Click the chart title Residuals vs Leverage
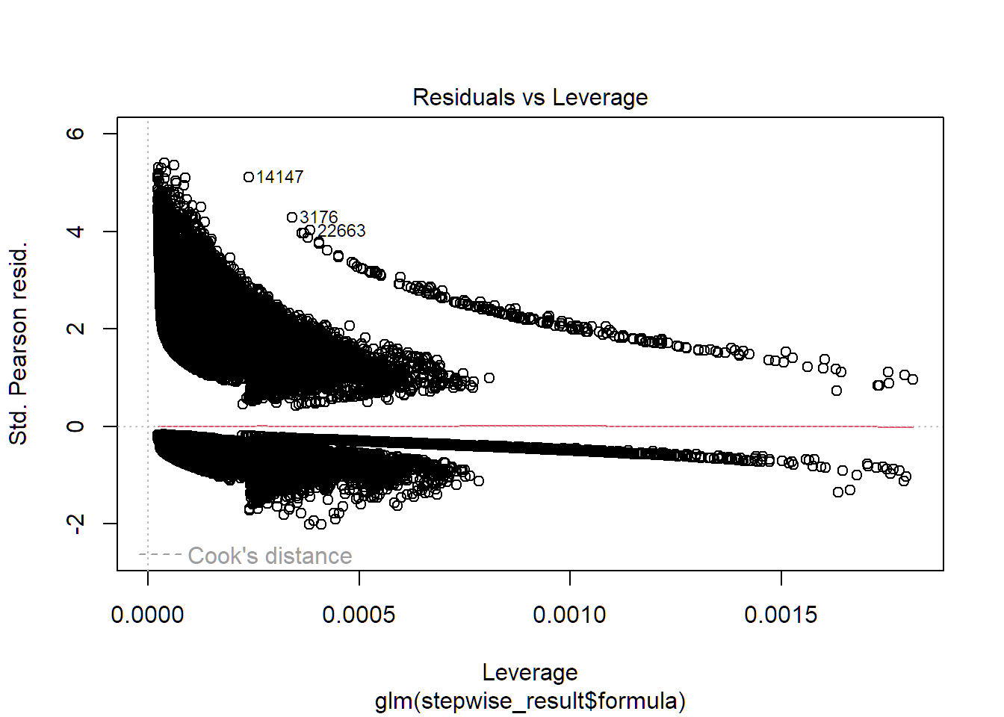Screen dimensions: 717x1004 point(530,97)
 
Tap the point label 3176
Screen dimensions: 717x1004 point(319,217)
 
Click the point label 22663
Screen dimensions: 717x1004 point(341,231)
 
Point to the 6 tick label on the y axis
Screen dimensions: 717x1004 point(75,134)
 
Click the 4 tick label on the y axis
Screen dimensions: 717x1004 point(75,232)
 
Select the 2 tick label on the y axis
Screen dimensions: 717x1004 point(75,329)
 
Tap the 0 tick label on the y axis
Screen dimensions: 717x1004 point(75,426)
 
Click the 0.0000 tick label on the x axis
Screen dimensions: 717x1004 point(147,615)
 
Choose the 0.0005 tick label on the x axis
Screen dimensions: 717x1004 point(359,615)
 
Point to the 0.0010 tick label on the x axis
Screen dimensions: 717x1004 point(569,615)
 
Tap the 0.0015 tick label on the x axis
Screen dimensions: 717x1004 point(781,615)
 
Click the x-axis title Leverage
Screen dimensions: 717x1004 point(530,672)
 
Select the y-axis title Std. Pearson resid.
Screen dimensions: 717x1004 point(18,343)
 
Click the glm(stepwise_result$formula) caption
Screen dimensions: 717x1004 point(530,701)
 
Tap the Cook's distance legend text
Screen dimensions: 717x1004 point(270,556)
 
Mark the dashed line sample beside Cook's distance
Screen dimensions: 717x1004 point(160,554)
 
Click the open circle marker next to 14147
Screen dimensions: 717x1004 point(249,177)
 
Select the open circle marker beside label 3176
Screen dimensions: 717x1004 point(292,217)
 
